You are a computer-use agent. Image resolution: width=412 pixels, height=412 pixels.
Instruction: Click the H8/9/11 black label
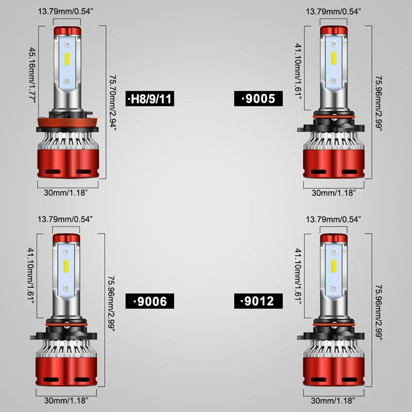(x=150, y=98)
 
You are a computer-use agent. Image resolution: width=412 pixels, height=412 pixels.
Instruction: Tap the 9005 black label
(x=259, y=98)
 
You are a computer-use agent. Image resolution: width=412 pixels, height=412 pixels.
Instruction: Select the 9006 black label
(x=150, y=301)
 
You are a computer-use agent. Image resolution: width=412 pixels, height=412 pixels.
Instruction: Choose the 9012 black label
(x=259, y=301)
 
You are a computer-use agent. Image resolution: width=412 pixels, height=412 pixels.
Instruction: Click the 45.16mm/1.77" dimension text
(x=32, y=75)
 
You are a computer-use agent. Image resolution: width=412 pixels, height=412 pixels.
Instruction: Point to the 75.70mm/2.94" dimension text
(x=113, y=102)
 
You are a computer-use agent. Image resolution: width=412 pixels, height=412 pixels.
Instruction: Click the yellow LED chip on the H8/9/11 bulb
(x=67, y=59)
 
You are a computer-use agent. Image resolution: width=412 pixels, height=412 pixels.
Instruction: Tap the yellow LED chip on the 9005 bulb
(x=333, y=58)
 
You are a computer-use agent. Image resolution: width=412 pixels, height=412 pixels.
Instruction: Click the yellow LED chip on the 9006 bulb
(x=66, y=266)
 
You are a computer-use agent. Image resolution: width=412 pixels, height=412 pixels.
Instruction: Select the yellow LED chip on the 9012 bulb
(x=333, y=266)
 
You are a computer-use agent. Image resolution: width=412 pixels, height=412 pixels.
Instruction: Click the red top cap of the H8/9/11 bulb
(x=67, y=31)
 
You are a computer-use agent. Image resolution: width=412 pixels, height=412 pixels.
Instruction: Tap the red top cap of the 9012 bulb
(x=334, y=238)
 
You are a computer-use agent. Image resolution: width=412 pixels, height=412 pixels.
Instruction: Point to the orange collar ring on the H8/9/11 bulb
(x=67, y=123)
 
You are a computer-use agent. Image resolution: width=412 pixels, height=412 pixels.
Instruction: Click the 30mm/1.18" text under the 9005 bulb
(x=334, y=193)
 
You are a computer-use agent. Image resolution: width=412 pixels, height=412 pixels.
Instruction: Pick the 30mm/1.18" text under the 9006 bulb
(x=66, y=401)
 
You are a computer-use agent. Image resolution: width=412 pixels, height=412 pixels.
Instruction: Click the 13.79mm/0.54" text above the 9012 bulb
(x=333, y=219)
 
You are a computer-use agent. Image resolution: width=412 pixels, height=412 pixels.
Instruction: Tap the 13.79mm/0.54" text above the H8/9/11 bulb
(x=66, y=11)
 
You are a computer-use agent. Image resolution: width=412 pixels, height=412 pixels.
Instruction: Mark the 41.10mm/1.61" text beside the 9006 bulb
(x=31, y=275)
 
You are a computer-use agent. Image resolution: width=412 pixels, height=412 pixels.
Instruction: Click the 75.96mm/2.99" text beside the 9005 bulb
(x=379, y=104)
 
